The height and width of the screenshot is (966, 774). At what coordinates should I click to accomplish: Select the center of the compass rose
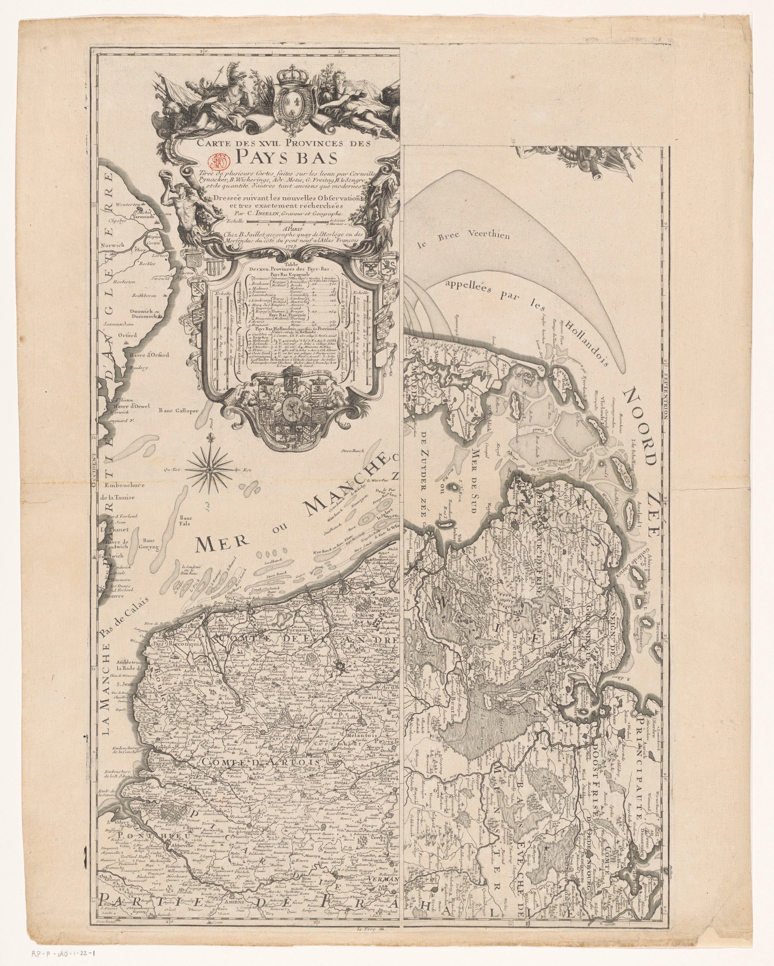pyautogui.click(x=209, y=469)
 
